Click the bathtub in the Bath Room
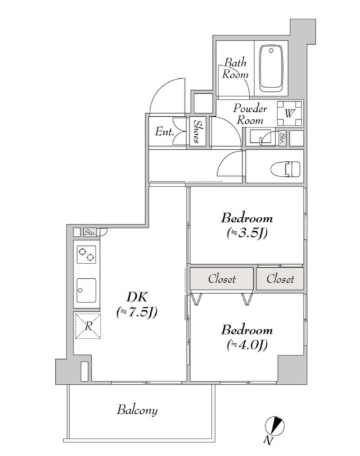coord(271,68)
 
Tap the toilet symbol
coord(286,169)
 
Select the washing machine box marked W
coord(289,113)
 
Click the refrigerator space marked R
coord(88,326)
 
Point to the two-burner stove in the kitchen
coord(86,255)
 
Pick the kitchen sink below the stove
coord(86,290)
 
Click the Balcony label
coord(137,410)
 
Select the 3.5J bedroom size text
coord(247,233)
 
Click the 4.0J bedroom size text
coord(247,345)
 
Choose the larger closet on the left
coord(222,278)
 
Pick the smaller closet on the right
coord(280,278)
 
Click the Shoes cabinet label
coord(197,131)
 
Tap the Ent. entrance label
coord(164,132)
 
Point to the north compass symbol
coord(274,426)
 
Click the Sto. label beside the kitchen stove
coord(90,232)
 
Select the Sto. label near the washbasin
coord(282,139)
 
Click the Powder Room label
coord(250,114)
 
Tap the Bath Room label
coord(235,68)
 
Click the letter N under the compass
coord(269,441)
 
